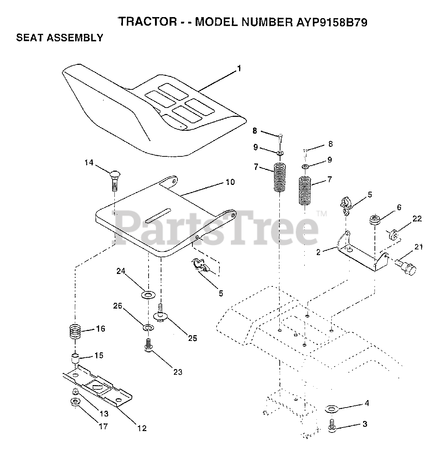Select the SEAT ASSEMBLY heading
pyautogui.click(x=60, y=38)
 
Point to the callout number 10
pyautogui.click(x=231, y=182)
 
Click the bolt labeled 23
pyautogui.click(x=149, y=345)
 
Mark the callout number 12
pyautogui.click(x=142, y=429)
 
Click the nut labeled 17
pyautogui.click(x=75, y=403)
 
